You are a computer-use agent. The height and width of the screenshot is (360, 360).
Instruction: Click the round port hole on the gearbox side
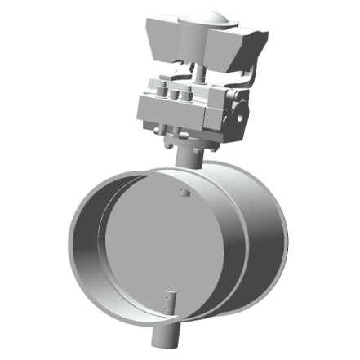[x=238, y=105]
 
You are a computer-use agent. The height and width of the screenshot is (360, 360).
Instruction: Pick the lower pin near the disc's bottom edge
[x=169, y=302]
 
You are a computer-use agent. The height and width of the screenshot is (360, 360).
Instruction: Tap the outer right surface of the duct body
[x=261, y=237]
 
